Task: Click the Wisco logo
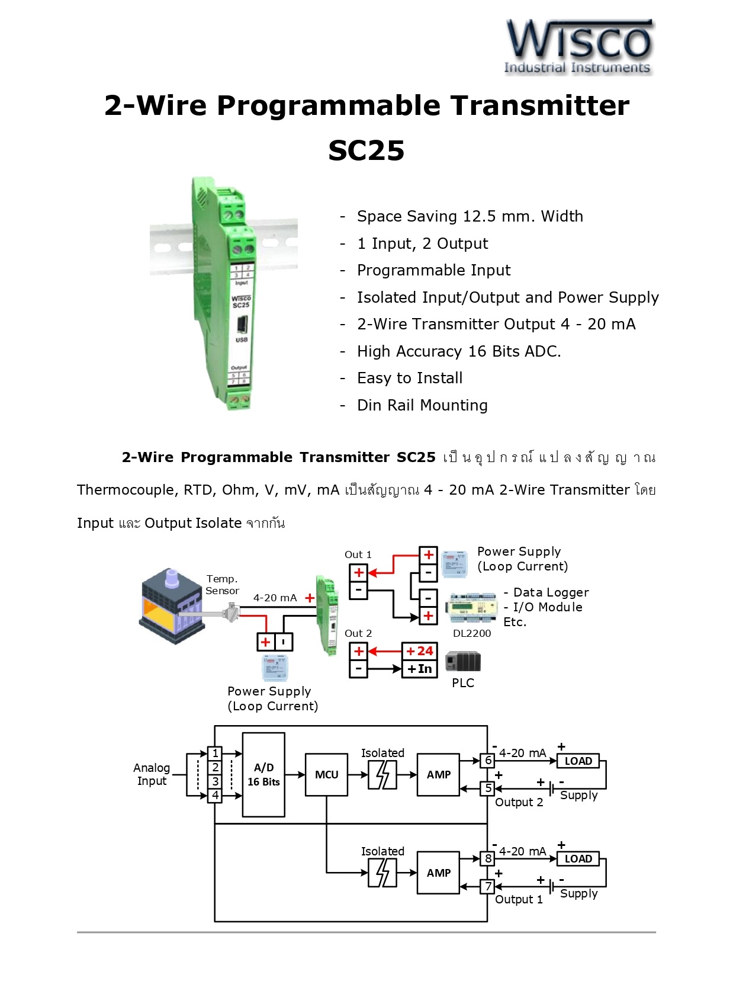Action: click(578, 47)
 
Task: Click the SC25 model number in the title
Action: click(366, 150)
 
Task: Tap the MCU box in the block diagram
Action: click(326, 774)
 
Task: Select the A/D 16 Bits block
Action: click(263, 774)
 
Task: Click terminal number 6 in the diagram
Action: click(488, 760)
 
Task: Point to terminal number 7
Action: click(488, 886)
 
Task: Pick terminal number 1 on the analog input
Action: click(216, 753)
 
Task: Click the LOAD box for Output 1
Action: click(578, 858)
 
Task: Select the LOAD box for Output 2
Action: click(578, 761)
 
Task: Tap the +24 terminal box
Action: click(420, 651)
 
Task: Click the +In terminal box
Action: click(420, 669)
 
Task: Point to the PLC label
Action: click(463, 682)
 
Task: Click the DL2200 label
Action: click(472, 633)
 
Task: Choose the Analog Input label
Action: click(152, 774)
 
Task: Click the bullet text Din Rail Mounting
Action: click(422, 405)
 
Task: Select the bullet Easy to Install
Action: click(410, 378)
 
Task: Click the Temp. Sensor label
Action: click(222, 584)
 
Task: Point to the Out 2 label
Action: click(358, 633)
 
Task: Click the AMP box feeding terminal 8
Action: click(438, 873)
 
